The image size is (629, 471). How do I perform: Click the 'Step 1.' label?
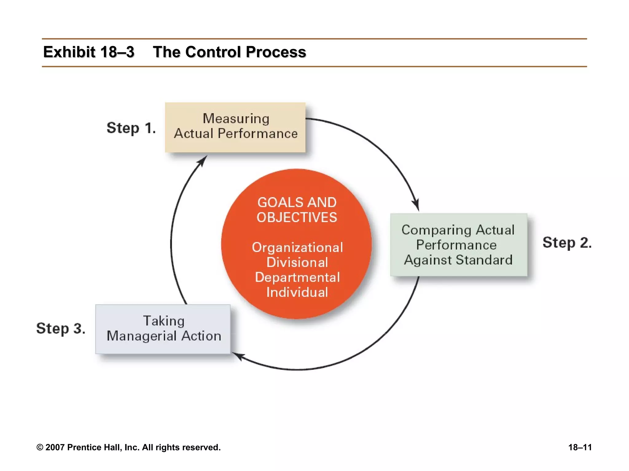click(131, 128)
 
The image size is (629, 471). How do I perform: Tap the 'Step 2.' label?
click(567, 243)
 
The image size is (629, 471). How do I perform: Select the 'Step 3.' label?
click(61, 328)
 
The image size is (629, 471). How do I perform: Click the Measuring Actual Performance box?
click(235, 127)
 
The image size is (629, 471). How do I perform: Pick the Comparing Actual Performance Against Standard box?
click(459, 245)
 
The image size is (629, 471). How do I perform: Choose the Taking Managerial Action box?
click(163, 329)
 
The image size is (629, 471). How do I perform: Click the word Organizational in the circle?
click(297, 247)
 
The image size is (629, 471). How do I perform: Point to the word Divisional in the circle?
click(297, 262)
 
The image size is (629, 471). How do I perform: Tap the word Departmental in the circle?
click(297, 277)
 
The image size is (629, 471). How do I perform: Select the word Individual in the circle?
click(297, 292)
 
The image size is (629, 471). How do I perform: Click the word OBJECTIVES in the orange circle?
click(297, 217)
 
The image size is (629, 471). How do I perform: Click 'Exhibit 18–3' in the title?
click(89, 52)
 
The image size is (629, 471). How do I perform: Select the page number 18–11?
click(580, 447)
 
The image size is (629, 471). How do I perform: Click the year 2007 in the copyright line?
click(55, 447)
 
